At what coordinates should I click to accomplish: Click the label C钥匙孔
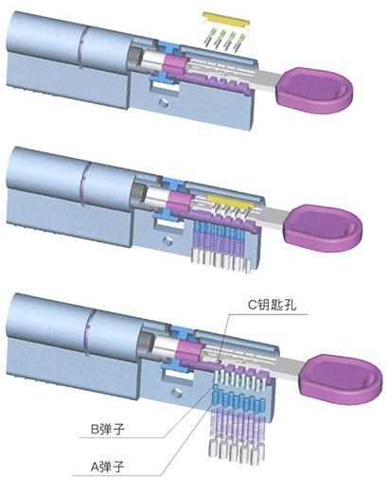[272, 305]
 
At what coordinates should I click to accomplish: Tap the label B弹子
[108, 429]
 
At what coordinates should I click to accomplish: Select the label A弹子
[108, 466]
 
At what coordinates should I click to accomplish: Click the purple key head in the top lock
[314, 90]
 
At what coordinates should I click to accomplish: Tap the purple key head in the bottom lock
[340, 379]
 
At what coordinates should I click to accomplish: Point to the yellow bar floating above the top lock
[226, 19]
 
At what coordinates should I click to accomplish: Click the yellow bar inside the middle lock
[230, 201]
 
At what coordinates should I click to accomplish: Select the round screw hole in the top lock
[164, 102]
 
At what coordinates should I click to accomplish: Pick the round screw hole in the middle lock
[168, 241]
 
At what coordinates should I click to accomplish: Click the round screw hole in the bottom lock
[177, 393]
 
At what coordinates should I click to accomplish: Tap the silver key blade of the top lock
[268, 80]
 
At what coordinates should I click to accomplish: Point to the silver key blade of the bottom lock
[291, 367]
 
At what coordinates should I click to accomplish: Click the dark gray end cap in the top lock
[132, 57]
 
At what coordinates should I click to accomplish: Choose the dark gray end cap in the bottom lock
[145, 341]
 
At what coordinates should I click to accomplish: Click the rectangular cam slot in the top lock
[164, 87]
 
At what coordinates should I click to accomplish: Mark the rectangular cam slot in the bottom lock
[177, 375]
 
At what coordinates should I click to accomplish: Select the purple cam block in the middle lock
[179, 202]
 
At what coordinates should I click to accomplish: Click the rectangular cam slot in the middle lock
[168, 225]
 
